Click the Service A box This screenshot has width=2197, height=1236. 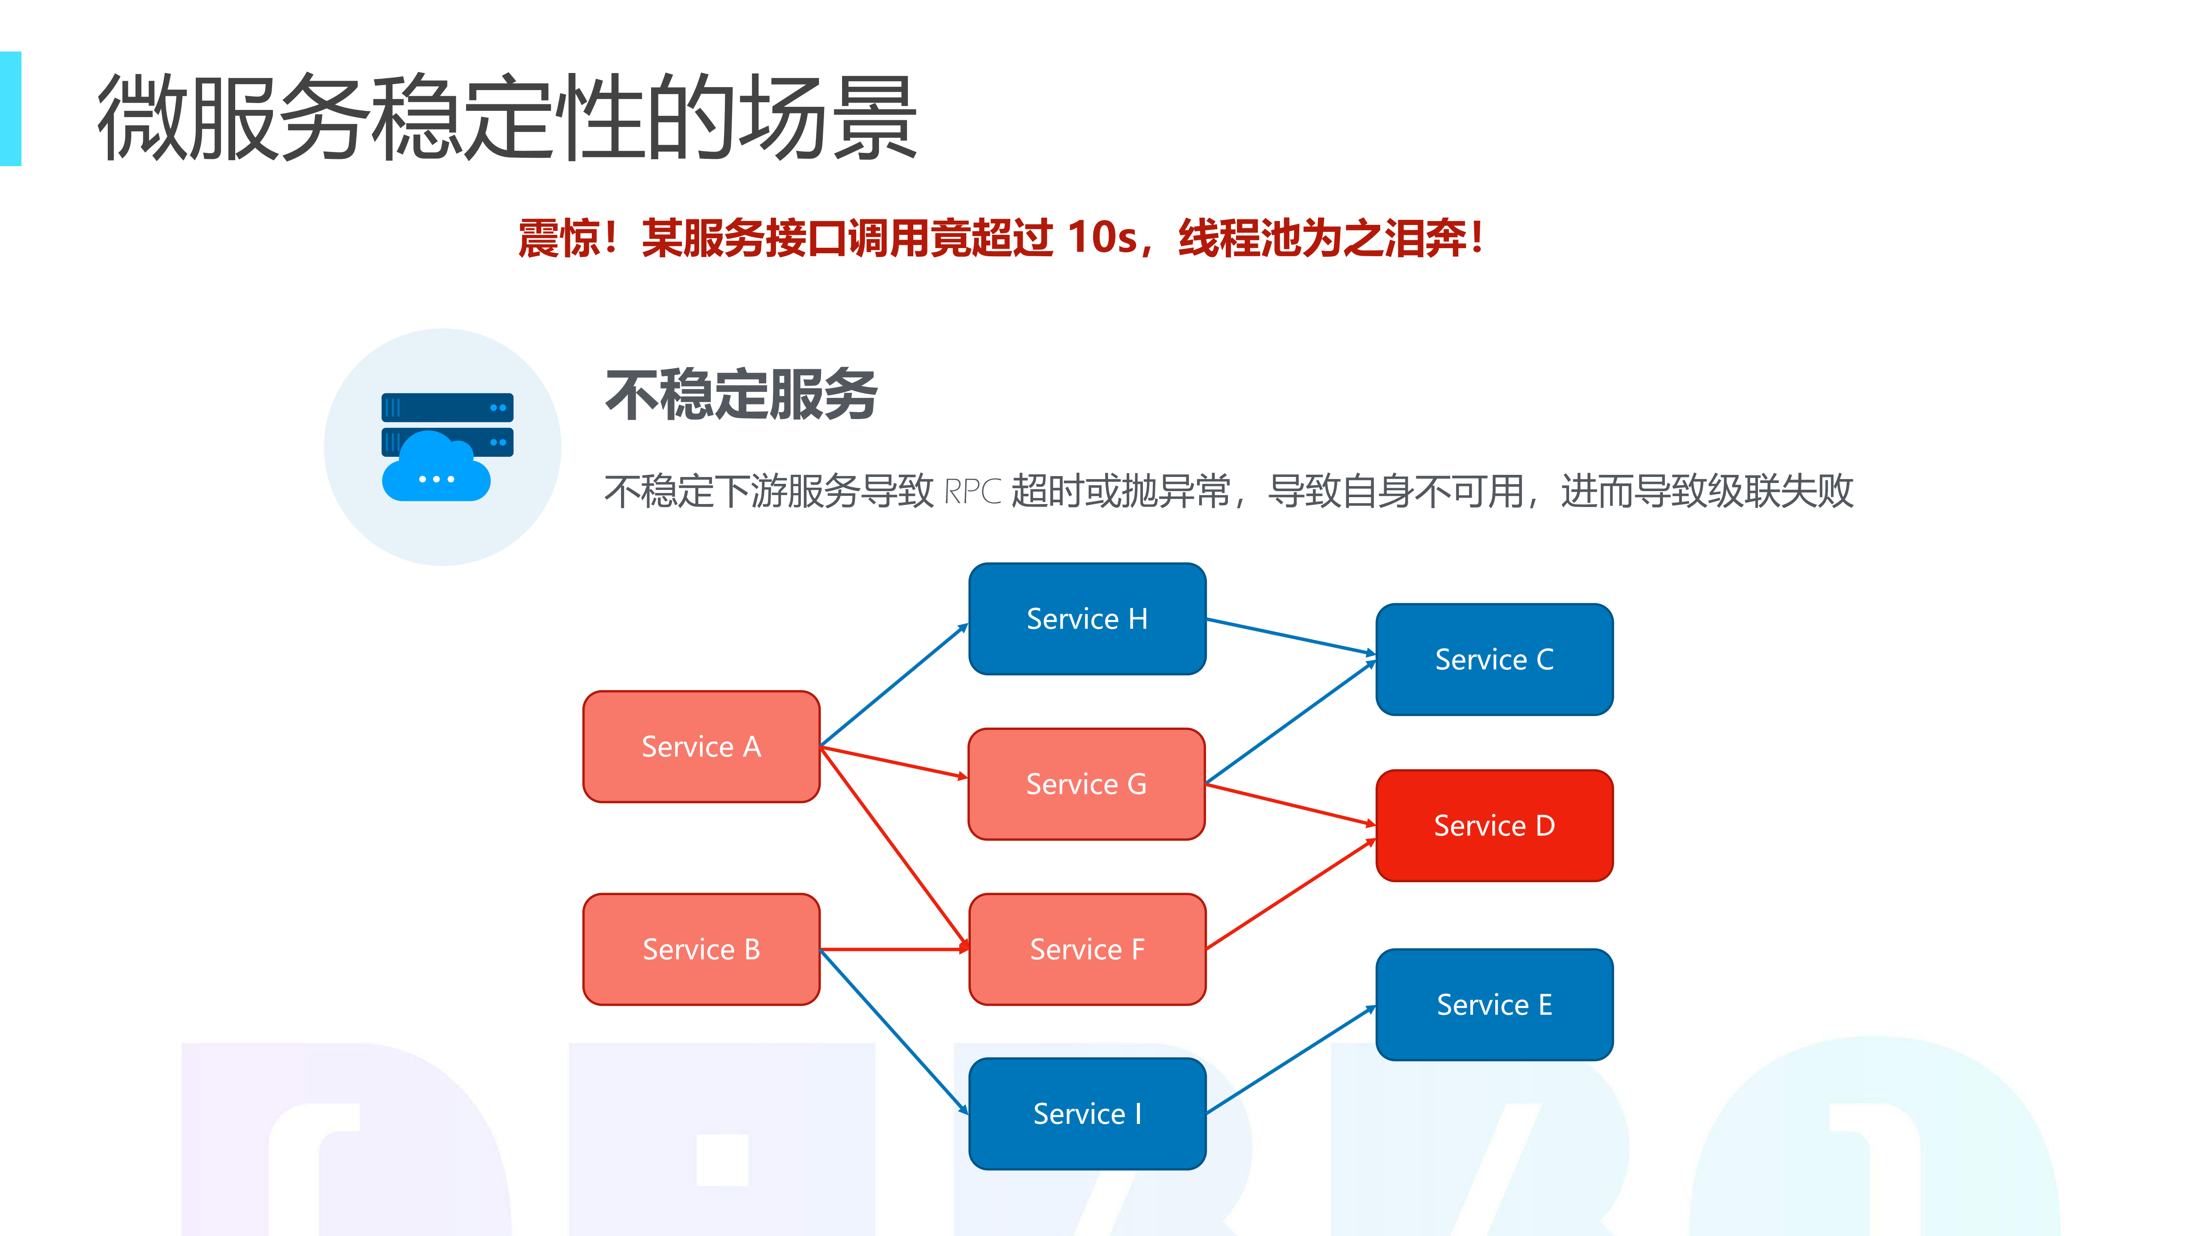pos(701,747)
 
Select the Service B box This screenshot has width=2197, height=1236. pos(701,948)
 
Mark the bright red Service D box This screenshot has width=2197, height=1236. pos(1494,825)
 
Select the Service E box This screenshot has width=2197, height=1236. pos(1494,1004)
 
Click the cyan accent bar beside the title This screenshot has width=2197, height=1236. pos(10,108)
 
